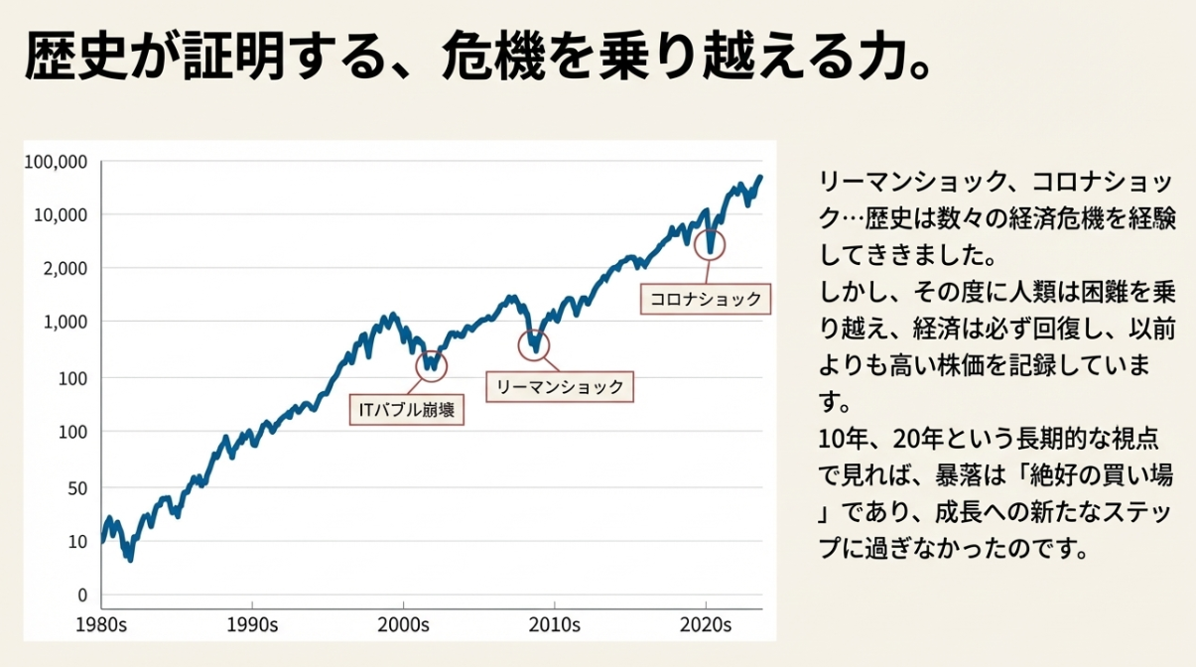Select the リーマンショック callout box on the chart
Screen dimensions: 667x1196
(560, 387)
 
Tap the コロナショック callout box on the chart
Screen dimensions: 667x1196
(706, 298)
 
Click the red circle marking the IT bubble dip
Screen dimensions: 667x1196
(431, 366)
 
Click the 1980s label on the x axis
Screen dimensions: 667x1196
(101, 626)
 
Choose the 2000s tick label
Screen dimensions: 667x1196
(404, 626)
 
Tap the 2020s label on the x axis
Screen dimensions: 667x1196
(706, 626)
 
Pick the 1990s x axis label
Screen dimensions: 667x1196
(252, 626)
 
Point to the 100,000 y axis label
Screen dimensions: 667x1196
(57, 161)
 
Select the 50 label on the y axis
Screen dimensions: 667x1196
(78, 487)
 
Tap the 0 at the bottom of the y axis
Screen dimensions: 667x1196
(82, 596)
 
